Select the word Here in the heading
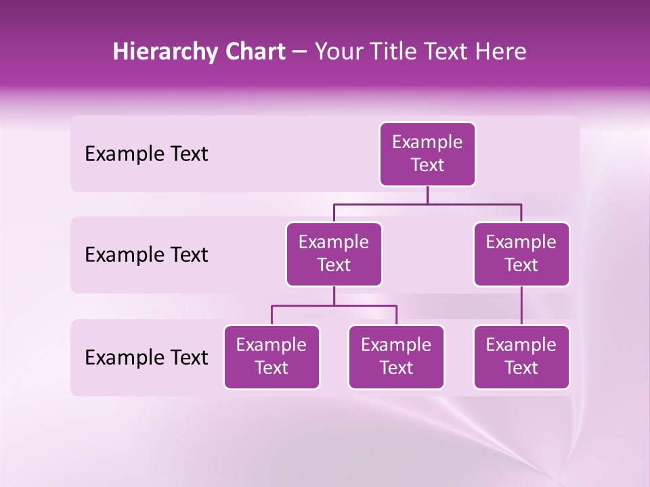tap(500, 52)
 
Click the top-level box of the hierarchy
tap(427, 154)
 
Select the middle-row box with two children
tap(334, 254)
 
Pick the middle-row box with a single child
tap(521, 254)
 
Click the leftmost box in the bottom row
tap(272, 357)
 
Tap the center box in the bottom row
tap(396, 357)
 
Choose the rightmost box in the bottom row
tap(521, 357)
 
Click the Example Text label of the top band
tap(146, 154)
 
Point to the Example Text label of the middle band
tap(146, 255)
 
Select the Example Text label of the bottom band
tap(146, 357)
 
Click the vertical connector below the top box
tap(427, 195)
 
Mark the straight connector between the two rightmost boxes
tap(521, 306)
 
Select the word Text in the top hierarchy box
tap(427, 165)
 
